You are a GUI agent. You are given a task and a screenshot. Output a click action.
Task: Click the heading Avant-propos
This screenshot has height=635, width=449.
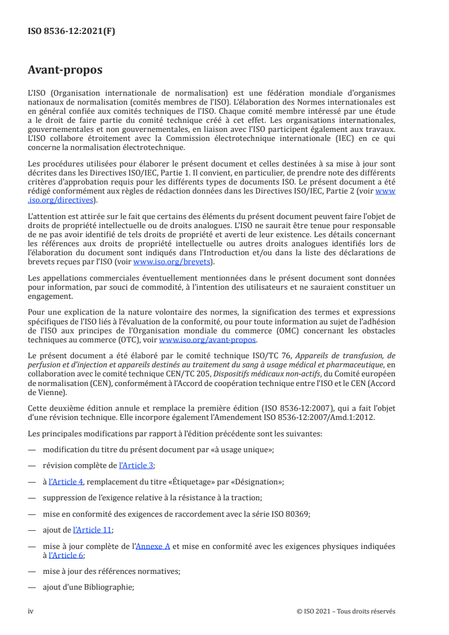(x=65, y=70)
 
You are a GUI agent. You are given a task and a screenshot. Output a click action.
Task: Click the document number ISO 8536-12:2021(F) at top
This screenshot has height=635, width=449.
(x=71, y=32)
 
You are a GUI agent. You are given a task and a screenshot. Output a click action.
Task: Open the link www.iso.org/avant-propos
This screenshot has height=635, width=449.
(x=208, y=340)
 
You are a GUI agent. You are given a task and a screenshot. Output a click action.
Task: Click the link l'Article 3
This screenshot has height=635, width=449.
(x=136, y=465)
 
